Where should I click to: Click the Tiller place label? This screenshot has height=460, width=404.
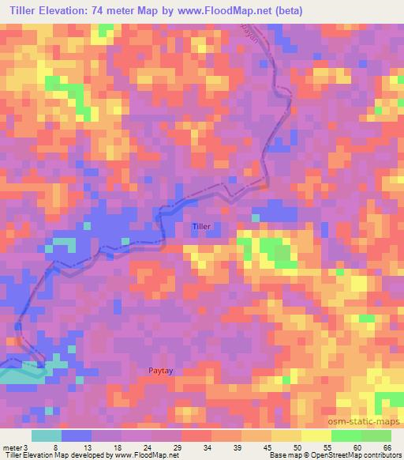coord(202,227)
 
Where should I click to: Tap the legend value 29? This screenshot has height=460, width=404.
coord(180,447)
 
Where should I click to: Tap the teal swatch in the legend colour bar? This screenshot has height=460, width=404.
coord(47,435)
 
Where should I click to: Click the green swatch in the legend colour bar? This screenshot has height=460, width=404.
coord(361,435)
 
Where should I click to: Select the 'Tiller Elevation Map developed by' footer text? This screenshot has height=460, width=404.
coord(46,455)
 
